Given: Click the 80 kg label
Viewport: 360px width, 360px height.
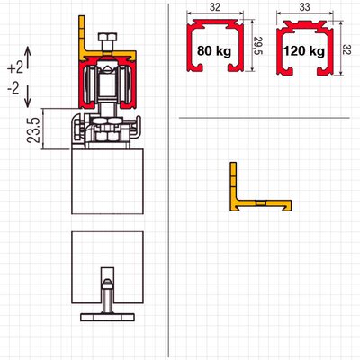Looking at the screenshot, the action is point(214,50).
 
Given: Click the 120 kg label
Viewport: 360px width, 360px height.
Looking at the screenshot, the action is point(304,51).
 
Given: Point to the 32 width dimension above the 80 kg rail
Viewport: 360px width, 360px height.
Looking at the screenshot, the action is point(215,7).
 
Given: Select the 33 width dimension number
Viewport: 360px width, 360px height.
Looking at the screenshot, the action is point(304,7).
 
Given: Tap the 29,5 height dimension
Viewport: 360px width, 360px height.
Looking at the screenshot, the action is point(258,46).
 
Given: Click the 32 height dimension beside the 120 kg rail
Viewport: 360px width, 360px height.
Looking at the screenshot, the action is point(347,49).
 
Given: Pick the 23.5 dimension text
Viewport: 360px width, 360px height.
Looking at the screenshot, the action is point(34,130).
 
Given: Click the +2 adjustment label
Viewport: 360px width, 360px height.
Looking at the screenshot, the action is point(15,68).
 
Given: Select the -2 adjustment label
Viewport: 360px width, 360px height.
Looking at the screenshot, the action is point(13,89).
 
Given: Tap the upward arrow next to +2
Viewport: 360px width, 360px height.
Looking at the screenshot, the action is point(27,57).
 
